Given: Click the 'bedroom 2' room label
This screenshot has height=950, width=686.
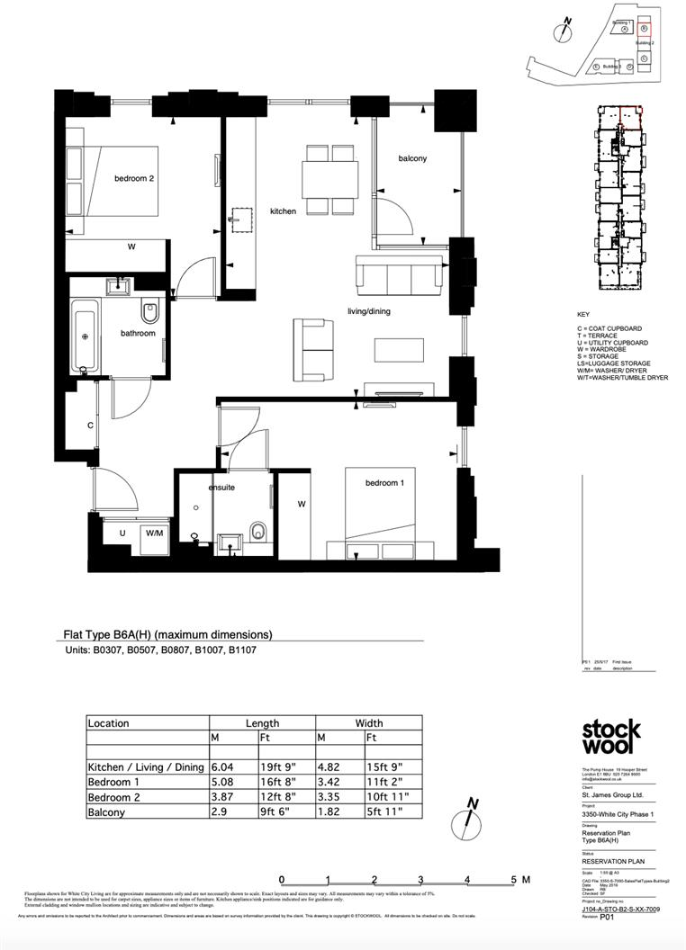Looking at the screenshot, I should (134, 178).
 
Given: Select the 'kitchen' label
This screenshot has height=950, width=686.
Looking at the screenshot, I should (283, 211).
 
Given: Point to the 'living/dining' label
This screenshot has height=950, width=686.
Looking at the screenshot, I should (369, 311).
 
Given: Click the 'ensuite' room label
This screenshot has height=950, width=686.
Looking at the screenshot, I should (221, 487).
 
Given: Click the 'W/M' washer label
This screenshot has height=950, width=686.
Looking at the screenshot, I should (155, 533).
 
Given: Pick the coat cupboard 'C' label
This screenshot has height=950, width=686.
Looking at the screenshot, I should (91, 425).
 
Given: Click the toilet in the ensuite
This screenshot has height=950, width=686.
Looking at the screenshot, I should (259, 531).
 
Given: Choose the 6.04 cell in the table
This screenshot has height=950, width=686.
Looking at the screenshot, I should (221, 767).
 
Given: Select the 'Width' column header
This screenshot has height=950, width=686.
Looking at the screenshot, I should (368, 722).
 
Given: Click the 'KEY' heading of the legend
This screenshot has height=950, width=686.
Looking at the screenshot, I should (583, 315).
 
